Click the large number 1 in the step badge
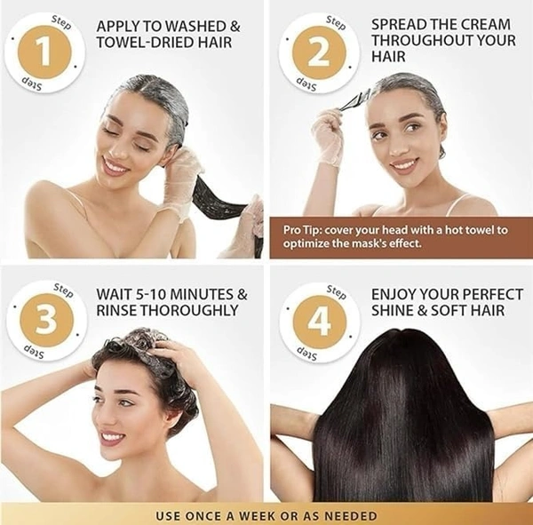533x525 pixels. tap(44, 53)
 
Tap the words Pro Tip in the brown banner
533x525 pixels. tap(305, 230)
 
